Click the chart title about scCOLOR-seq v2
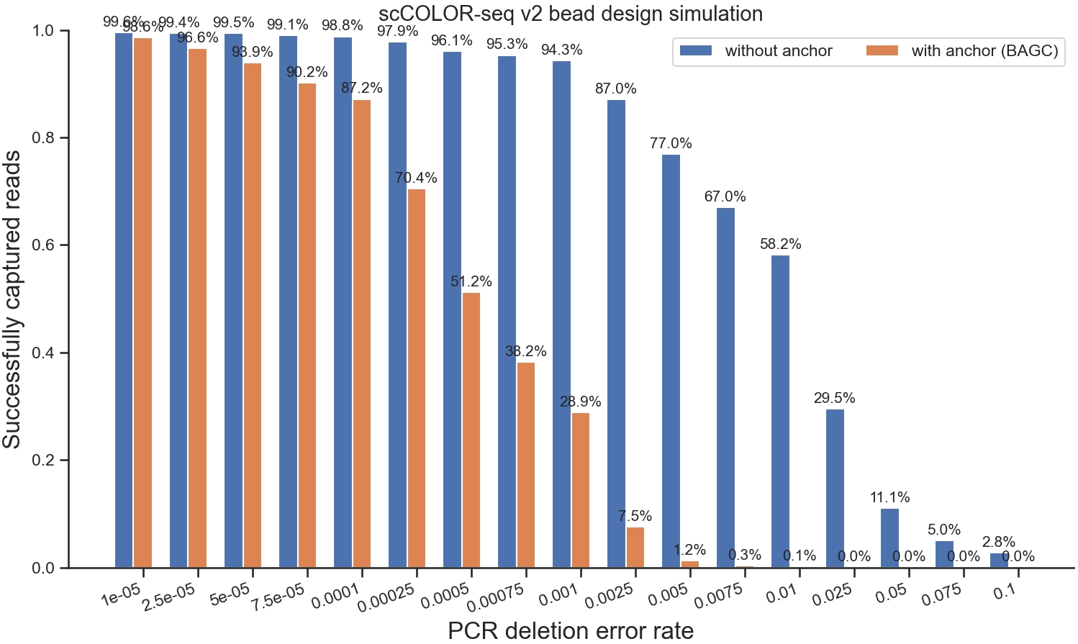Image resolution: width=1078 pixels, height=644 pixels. point(571,14)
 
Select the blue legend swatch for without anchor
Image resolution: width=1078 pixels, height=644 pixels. point(696,50)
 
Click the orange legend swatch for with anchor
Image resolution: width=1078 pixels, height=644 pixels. point(882,50)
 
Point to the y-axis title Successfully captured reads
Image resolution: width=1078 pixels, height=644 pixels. point(12,299)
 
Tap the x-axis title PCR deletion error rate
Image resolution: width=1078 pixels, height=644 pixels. point(571,630)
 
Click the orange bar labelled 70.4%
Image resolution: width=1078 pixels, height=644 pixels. point(417,378)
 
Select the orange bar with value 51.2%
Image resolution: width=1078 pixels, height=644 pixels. point(471,430)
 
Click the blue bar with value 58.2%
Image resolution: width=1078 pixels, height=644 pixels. point(780,411)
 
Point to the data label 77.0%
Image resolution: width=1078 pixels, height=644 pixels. point(671,143)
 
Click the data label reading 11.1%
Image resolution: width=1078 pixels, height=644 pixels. point(889,497)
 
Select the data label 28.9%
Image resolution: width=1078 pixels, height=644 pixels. point(580,402)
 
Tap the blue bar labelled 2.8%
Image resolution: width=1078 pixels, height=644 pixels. point(999,560)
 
